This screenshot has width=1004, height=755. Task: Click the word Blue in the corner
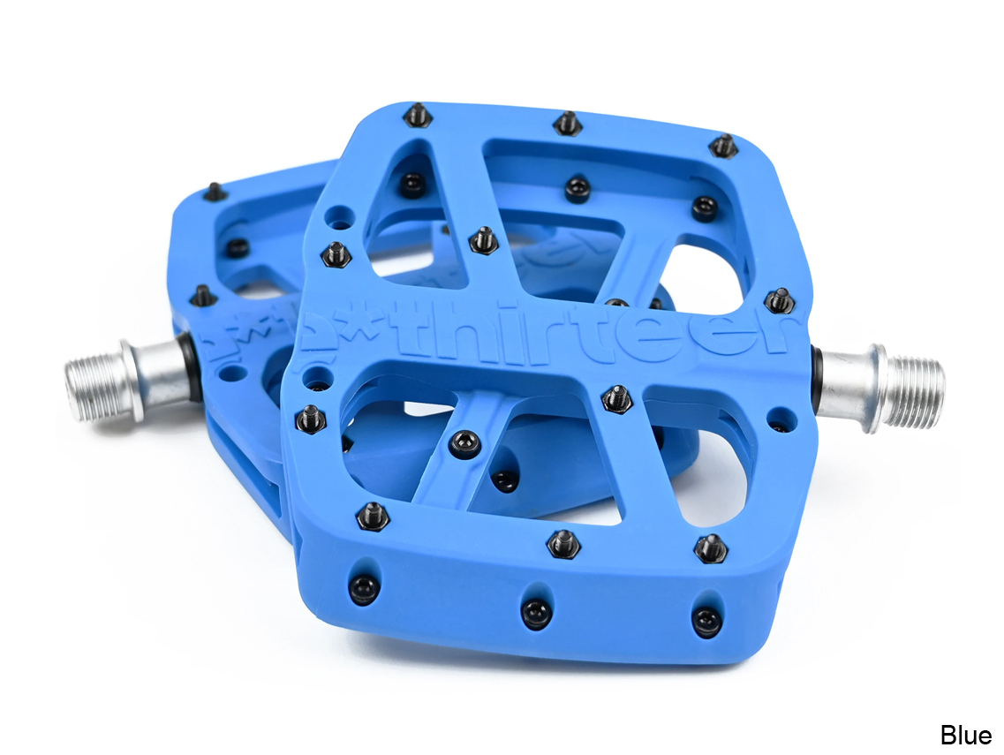[x=965, y=734]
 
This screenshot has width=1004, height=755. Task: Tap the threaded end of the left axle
[x=93, y=389]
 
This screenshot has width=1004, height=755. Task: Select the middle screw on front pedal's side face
[x=536, y=612]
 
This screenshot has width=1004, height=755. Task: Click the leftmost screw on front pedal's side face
[x=364, y=588]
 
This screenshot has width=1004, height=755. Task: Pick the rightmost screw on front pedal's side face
[x=706, y=621]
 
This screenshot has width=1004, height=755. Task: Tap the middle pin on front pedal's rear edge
[x=568, y=123]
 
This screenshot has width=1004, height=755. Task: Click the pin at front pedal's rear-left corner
[x=419, y=115]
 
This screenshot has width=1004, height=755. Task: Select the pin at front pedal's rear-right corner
[x=723, y=146]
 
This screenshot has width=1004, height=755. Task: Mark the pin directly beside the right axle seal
[x=780, y=300]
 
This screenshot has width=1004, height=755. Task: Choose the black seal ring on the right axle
[x=817, y=383]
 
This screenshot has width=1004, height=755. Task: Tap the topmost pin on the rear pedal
[x=214, y=191]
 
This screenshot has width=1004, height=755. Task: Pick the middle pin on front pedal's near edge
[x=562, y=543]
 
